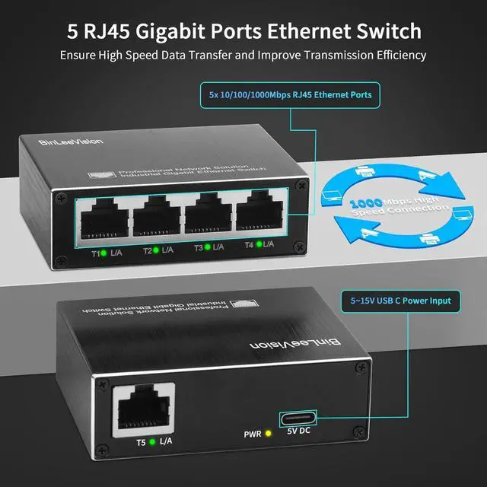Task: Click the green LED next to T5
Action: [154, 441]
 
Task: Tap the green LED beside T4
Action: [260, 243]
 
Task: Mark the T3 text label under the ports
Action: [201, 247]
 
